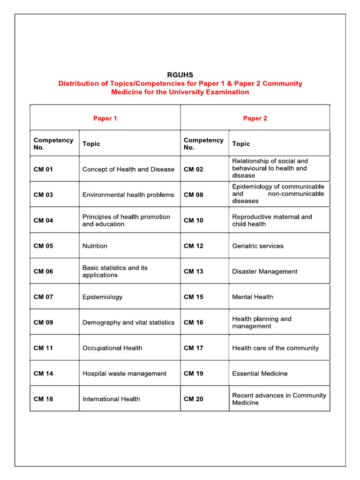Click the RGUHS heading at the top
coord(180,75)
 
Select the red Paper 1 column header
coord(105,118)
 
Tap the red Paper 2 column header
coord(255,118)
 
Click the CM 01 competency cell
coord(43,169)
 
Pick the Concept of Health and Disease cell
coord(128,169)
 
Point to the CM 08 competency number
coord(194,195)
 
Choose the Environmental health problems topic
coord(128,195)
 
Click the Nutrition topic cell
coord(95,246)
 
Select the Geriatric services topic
coord(257,246)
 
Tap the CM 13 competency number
coord(194,271)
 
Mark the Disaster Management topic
coord(264,271)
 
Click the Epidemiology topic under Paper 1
coord(102,297)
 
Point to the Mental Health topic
coord(252,297)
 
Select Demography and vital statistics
coord(128,322)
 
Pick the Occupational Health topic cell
coord(112,348)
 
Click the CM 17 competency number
coord(194,348)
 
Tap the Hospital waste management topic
coord(124,374)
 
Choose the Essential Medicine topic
coord(260,374)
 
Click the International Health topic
coord(111,399)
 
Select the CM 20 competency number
coord(194,399)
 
